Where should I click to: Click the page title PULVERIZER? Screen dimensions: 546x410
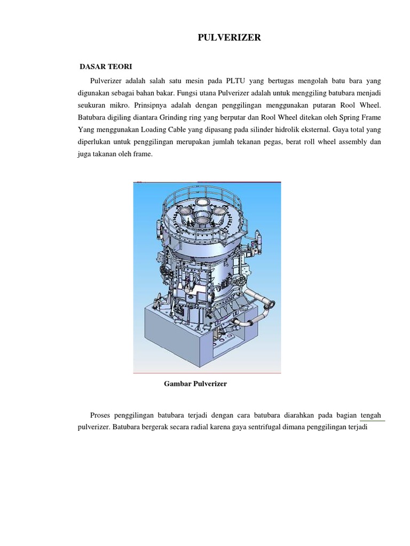pos(230,38)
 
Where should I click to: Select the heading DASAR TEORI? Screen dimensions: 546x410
pos(106,67)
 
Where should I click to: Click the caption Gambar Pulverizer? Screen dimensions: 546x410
pos(195,384)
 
